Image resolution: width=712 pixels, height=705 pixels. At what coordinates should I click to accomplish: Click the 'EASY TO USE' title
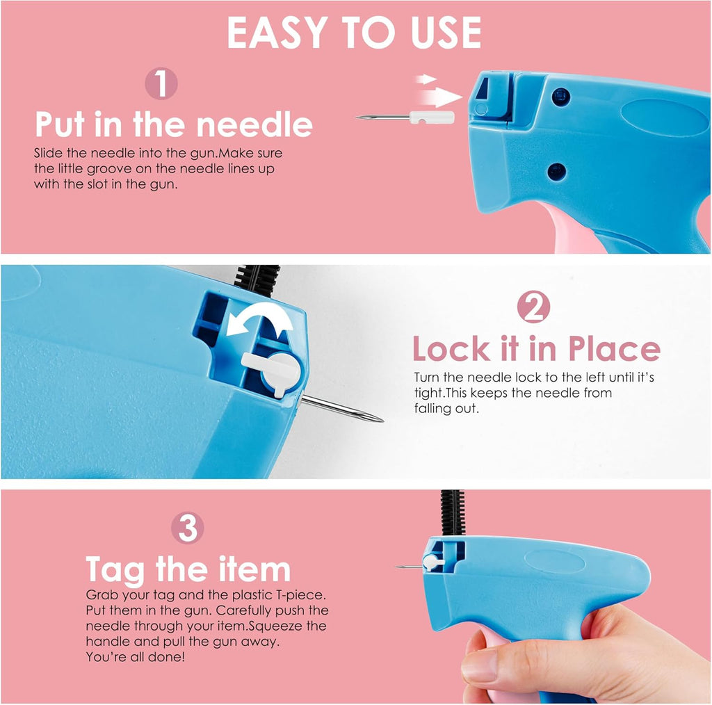[x=354, y=32]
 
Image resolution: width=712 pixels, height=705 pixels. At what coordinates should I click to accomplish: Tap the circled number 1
[x=161, y=83]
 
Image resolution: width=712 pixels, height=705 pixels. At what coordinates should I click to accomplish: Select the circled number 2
[x=533, y=307]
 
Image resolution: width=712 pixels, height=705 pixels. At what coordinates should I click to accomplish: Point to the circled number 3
[x=188, y=528]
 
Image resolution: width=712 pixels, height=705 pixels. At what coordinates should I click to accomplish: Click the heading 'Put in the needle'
[x=174, y=124]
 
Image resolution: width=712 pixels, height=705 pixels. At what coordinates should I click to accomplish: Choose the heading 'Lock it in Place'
[x=536, y=348]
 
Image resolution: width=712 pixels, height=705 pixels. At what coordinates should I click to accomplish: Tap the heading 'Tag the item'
[x=188, y=569]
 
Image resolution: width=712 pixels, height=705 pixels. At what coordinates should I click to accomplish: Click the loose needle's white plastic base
[x=432, y=117]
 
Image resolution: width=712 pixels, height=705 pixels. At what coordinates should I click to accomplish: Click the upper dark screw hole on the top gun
[x=561, y=97]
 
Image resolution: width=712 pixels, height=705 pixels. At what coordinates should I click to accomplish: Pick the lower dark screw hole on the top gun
[x=557, y=172]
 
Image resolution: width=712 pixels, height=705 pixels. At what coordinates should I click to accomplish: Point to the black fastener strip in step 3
[x=453, y=513]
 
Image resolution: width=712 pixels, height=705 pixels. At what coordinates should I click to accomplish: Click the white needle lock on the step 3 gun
[x=432, y=562]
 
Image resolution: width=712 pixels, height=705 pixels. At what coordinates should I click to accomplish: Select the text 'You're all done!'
[x=136, y=657]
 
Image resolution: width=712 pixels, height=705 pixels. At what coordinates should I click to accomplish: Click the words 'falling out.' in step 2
[x=446, y=409]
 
